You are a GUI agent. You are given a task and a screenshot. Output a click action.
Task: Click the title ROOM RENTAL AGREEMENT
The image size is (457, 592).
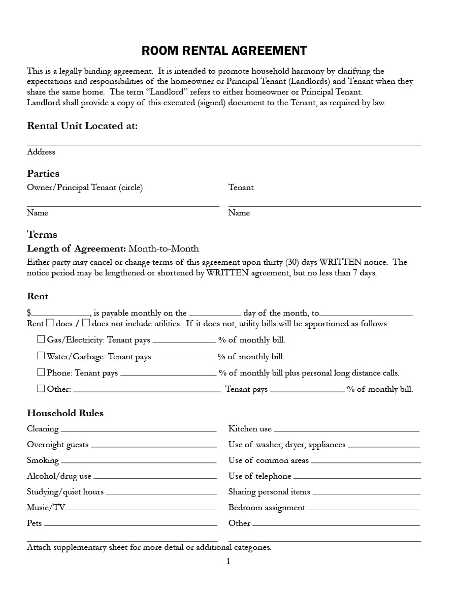tap(224, 51)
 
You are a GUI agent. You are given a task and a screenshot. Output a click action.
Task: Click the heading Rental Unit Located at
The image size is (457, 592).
tap(82, 126)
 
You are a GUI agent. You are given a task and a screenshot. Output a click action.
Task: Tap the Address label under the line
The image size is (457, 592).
tap(41, 152)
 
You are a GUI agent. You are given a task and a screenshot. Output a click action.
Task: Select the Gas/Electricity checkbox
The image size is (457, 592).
tap(41, 339)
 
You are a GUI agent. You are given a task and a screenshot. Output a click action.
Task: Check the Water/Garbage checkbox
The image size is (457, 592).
tap(41, 355)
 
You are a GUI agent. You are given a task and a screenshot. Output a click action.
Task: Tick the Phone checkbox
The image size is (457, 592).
tap(41, 372)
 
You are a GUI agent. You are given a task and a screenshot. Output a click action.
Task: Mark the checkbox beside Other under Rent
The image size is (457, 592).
tap(41, 388)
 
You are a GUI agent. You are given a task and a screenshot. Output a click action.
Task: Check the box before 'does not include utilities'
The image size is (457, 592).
tap(86, 323)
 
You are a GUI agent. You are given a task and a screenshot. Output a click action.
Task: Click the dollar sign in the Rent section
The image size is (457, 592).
tap(29, 313)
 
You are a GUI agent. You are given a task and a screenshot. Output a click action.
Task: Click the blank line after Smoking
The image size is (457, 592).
tap(139, 462)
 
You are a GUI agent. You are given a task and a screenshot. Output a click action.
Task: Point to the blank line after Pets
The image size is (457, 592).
tap(130, 525)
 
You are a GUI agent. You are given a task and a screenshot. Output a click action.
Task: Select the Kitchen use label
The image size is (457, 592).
tap(250, 429)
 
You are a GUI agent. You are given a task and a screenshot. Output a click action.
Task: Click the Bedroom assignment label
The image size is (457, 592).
tap(267, 508)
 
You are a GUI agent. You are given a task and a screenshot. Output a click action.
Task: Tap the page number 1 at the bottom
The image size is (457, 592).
tap(228, 561)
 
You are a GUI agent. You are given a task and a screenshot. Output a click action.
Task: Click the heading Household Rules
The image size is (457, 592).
tap(65, 413)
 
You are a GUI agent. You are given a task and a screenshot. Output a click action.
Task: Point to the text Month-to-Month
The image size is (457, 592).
tap(164, 248)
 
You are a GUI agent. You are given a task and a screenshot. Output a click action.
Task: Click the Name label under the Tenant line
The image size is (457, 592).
tap(239, 213)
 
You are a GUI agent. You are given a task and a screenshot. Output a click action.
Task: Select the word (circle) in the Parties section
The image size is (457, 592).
tap(131, 188)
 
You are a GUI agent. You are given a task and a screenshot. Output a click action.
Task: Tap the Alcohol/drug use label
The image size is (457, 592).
tap(59, 476)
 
